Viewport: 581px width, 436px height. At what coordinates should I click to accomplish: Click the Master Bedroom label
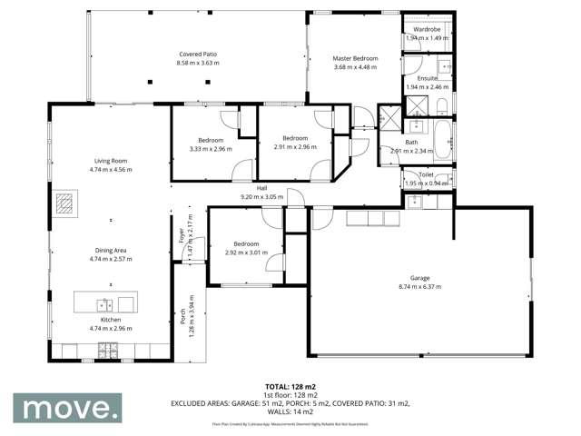355,59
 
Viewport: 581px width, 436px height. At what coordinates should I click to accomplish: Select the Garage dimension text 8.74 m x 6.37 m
419,286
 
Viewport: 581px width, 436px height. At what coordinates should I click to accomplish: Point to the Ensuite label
428,78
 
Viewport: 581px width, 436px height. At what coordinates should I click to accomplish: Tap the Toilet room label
426,174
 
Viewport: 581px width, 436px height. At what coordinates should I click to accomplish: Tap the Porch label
182,315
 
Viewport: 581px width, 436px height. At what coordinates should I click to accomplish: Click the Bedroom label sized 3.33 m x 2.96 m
212,140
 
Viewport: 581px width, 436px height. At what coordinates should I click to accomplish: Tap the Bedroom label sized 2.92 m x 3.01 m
246,243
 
